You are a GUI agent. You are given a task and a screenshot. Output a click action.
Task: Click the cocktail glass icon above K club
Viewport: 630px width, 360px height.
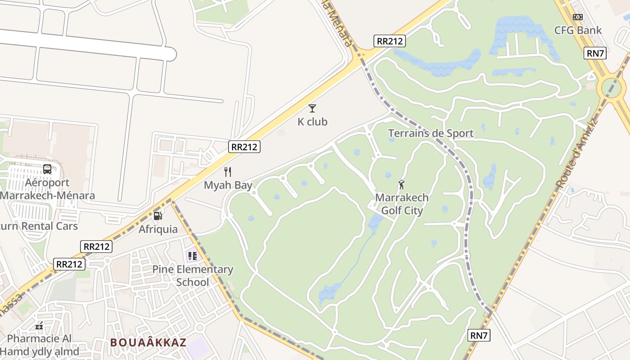(312, 108)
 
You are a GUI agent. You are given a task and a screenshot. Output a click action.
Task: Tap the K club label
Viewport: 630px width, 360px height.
(312, 121)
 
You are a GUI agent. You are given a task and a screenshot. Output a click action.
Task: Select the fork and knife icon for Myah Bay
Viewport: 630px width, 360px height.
(228, 171)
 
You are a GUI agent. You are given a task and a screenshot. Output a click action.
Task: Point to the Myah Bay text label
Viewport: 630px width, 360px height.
(228, 185)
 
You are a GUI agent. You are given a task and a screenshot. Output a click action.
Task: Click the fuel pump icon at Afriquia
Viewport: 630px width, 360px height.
(157, 216)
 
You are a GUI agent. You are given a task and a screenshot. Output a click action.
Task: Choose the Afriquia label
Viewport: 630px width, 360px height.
(158, 229)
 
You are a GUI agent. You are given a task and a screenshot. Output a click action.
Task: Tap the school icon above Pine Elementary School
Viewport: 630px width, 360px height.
(193, 256)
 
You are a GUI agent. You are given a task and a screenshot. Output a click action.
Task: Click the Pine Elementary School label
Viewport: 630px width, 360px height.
(193, 276)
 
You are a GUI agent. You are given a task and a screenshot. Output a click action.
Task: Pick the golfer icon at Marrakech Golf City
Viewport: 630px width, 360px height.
(401, 184)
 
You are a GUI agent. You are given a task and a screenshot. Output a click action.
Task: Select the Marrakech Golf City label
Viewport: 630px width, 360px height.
(402, 204)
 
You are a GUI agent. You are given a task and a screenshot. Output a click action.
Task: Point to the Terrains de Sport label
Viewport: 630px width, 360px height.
(431, 133)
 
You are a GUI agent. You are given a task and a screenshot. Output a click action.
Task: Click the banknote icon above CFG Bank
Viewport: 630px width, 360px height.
(578, 17)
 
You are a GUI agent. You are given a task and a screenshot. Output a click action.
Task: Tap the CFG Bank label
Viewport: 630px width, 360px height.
(578, 30)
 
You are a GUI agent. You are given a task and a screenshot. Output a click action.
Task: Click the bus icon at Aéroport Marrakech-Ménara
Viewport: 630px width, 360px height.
(47, 169)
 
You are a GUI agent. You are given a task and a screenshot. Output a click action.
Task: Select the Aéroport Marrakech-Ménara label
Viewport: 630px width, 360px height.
(47, 189)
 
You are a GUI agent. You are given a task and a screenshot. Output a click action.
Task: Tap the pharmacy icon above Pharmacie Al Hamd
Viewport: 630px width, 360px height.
(39, 325)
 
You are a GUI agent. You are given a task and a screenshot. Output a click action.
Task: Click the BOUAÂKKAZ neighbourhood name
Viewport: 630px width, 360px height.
(148, 342)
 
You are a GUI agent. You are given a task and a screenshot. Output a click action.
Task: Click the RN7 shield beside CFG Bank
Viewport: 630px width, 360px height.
(595, 53)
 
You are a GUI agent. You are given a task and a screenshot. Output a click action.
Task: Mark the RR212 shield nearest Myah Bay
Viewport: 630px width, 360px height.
(244, 147)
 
